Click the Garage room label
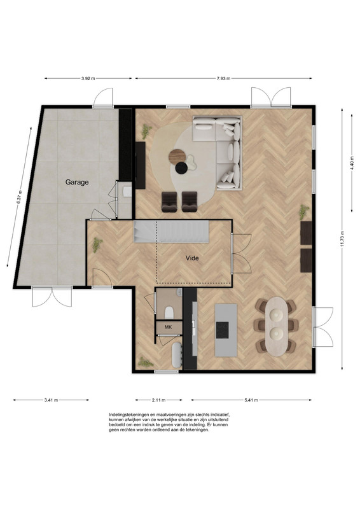pyautogui.click(x=77, y=182)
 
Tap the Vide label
pyautogui.click(x=192, y=258)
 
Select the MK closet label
pyautogui.click(x=168, y=327)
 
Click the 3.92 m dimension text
pyautogui.click(x=88, y=78)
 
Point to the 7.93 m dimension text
pyautogui.click(x=223, y=78)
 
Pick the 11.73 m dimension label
pyautogui.click(x=342, y=239)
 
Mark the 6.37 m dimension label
pyautogui.click(x=19, y=197)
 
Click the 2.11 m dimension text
pyautogui.click(x=159, y=400)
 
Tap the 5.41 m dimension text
pyautogui.click(x=251, y=400)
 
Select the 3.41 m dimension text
pyautogui.click(x=51, y=400)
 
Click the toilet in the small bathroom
pyautogui.click(x=169, y=312)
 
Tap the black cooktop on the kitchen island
pyautogui.click(x=223, y=330)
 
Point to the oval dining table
pyautogui.click(x=277, y=326)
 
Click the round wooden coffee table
pyautogui.click(x=177, y=157)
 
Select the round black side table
pyautogui.click(x=181, y=168)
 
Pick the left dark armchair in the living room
pyautogui.click(x=169, y=202)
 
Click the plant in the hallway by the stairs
pyautogui.click(x=97, y=245)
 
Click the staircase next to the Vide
pyautogui.click(x=171, y=232)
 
